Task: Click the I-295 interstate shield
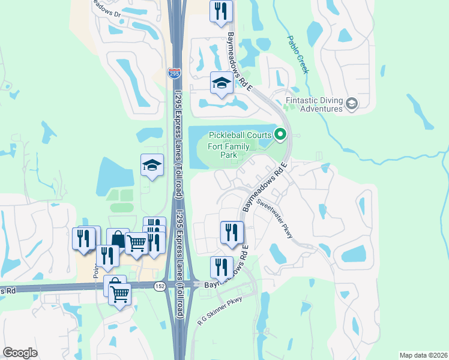[173, 73]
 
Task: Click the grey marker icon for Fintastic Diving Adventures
[352, 104]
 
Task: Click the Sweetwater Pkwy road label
[275, 218]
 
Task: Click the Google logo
[20, 353]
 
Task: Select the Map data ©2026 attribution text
[423, 355]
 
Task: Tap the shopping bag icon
[118, 239]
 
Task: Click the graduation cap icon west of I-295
[152, 164]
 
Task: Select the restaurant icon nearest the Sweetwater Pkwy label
[232, 232]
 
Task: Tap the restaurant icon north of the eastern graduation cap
[221, 11]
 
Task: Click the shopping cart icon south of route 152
[120, 295]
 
